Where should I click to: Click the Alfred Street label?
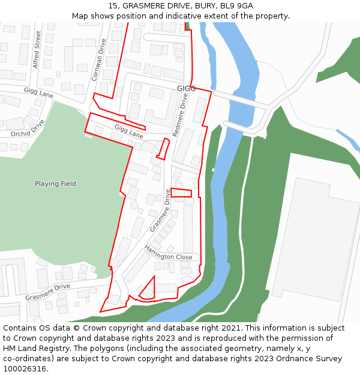click(x=37, y=49)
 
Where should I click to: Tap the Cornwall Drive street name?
click(x=98, y=60)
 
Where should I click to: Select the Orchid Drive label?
click(x=28, y=128)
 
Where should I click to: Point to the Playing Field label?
click(x=55, y=184)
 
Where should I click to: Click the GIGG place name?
click(x=186, y=88)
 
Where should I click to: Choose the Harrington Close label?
click(x=168, y=253)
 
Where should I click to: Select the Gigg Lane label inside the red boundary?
click(x=128, y=131)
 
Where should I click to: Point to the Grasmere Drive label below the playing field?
click(x=47, y=292)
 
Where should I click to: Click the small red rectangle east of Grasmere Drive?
click(x=181, y=193)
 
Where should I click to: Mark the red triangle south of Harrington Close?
click(x=149, y=290)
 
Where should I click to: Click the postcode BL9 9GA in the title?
click(x=236, y=6)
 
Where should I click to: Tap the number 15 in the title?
click(x=113, y=6)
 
